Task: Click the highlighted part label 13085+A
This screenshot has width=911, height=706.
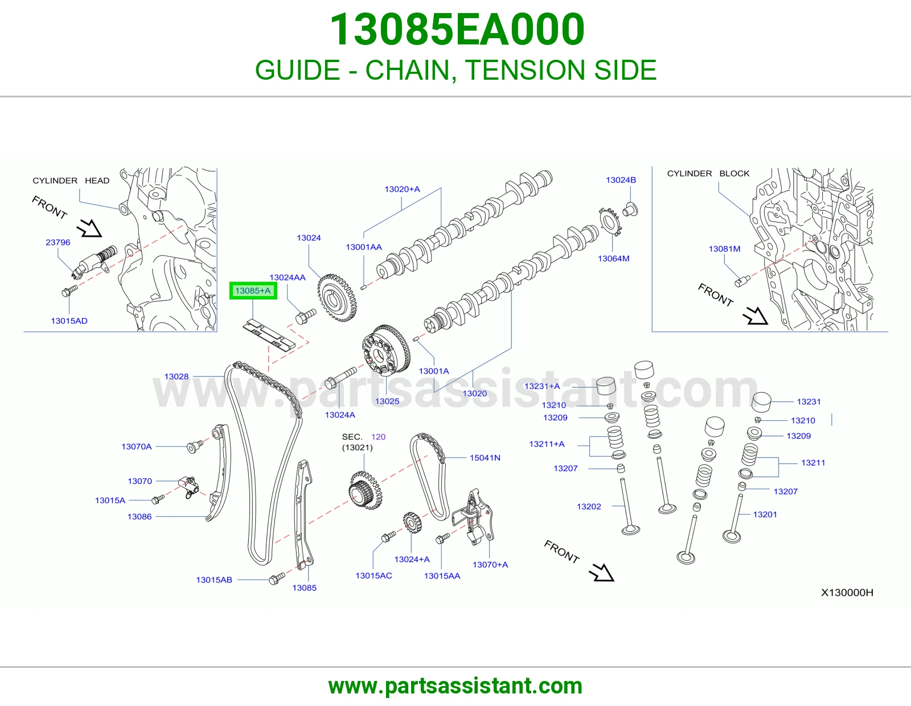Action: tap(253, 290)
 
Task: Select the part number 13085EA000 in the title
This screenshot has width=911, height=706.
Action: tap(457, 29)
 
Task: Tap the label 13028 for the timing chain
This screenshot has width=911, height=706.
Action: tap(176, 376)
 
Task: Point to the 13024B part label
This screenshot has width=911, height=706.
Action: tap(621, 180)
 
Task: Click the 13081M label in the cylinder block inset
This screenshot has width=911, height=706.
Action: tap(724, 249)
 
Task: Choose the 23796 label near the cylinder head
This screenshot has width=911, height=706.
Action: tap(58, 243)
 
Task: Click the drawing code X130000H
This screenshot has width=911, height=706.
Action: tap(847, 592)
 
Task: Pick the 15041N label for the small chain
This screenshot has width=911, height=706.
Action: tap(485, 458)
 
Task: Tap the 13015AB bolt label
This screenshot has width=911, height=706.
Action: tap(214, 580)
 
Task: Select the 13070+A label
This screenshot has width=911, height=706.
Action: tap(490, 565)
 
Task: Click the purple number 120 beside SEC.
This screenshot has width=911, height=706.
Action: tap(378, 437)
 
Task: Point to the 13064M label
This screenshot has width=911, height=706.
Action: tap(613, 258)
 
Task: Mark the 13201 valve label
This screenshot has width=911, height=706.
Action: tap(765, 514)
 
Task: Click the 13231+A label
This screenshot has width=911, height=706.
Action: tap(542, 386)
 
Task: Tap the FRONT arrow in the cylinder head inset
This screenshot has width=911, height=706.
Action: tap(89, 228)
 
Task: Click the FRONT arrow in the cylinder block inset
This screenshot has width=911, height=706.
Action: tap(755, 315)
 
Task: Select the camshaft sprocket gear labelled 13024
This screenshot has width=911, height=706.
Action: tap(337, 298)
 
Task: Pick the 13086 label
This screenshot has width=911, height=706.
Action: tap(139, 516)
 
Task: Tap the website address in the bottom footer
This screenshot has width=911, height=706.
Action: tap(455, 686)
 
